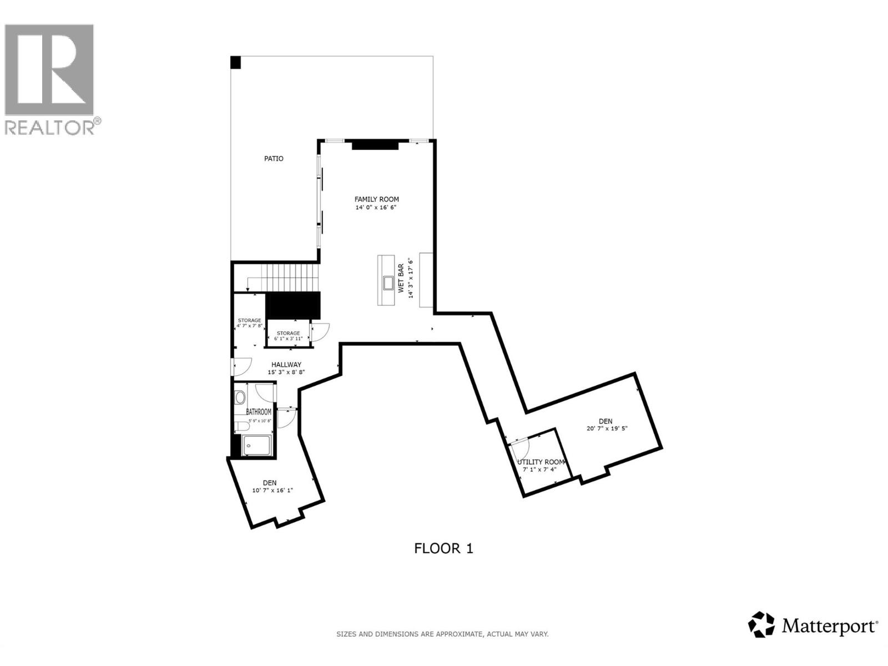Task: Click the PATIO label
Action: point(274,159)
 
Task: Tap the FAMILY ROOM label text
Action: point(376,199)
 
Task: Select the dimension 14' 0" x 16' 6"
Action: point(376,208)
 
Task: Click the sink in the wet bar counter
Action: point(387,284)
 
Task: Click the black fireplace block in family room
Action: point(375,145)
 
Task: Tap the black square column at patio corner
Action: point(236,62)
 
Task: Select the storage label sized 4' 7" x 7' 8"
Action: point(249,323)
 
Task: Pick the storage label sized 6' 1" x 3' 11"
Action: point(289,336)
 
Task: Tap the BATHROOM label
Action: point(259,412)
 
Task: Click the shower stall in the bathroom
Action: point(257,446)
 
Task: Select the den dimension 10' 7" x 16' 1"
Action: point(272,491)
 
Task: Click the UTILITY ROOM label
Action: point(541,462)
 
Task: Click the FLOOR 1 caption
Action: point(443,548)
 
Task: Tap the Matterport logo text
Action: point(830,627)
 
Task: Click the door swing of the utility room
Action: point(522,443)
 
